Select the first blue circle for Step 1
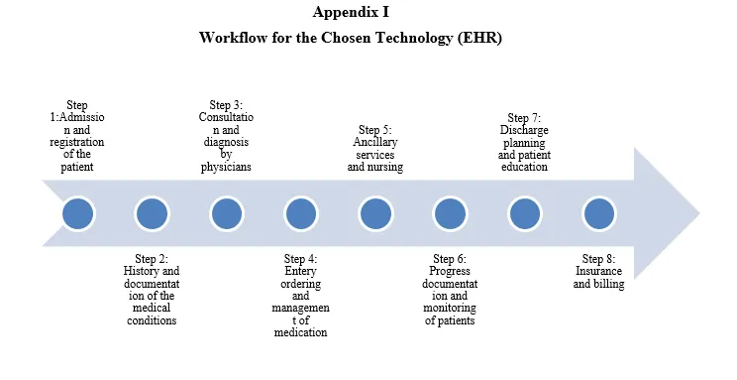tap(77, 213)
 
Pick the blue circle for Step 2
tap(152, 213)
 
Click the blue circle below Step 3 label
tap(227, 213)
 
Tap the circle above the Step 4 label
tap(301, 213)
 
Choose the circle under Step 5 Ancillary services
tap(375, 213)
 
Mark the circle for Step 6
tap(450, 213)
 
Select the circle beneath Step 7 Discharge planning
tap(524, 213)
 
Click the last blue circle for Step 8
tap(598, 213)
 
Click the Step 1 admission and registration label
tap(77, 136)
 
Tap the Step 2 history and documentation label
tap(152, 290)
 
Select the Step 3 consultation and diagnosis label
tap(226, 136)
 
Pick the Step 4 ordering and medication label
tap(301, 296)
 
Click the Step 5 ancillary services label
tap(375, 149)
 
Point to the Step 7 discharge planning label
tap(524, 142)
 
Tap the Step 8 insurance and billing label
tap(598, 271)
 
